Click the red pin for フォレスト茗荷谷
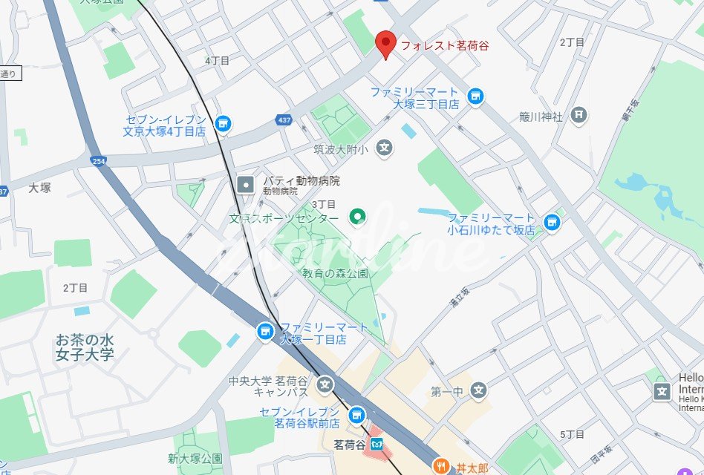pyautogui.click(x=385, y=44)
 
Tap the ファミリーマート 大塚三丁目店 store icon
pyautogui.click(x=475, y=96)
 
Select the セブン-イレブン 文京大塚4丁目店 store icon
pyautogui.click(x=223, y=124)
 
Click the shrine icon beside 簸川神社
pyautogui.click(x=579, y=115)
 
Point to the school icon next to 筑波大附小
pyautogui.click(x=384, y=148)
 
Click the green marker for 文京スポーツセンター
pyautogui.click(x=358, y=217)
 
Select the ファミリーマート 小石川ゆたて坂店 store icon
pyautogui.click(x=551, y=222)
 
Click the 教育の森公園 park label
pyautogui.click(x=334, y=273)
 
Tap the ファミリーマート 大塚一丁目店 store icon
pyautogui.click(x=264, y=332)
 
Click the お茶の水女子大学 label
pyautogui.click(x=85, y=347)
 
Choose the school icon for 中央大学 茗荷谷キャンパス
pyautogui.click(x=325, y=384)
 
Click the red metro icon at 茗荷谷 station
pyautogui.click(x=379, y=446)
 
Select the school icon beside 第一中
pyautogui.click(x=478, y=390)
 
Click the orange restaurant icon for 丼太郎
pyautogui.click(x=442, y=467)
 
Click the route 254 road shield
pyautogui.click(x=97, y=160)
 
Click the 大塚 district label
pyautogui.click(x=39, y=188)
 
